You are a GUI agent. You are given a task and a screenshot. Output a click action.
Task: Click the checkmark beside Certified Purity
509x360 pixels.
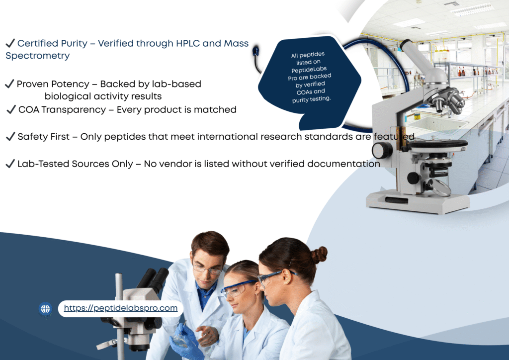(x=10, y=43)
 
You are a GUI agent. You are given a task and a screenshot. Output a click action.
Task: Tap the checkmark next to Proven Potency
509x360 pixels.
(x=9, y=84)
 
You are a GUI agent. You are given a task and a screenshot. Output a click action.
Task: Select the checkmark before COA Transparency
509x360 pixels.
(x=11, y=109)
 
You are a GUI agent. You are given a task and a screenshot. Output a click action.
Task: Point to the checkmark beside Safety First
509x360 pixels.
(x=10, y=136)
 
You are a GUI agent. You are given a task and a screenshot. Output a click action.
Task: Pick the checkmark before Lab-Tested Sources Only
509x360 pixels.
(x=10, y=164)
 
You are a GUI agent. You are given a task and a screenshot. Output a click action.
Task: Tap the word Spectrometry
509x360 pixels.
(x=38, y=56)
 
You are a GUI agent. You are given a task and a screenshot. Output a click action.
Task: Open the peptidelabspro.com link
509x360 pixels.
(x=121, y=308)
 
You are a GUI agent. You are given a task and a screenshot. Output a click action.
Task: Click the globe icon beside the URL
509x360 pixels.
(x=45, y=309)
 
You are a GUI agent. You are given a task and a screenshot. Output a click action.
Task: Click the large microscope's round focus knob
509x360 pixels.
(x=382, y=151)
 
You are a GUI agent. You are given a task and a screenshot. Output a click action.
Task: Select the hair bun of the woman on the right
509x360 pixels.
(x=319, y=255)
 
